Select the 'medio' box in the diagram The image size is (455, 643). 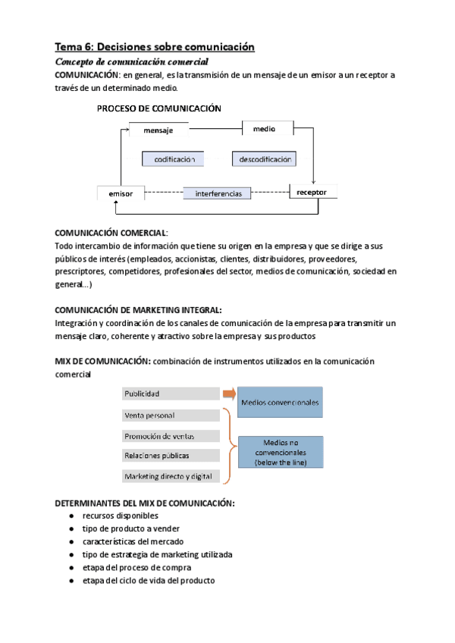pos(264,129)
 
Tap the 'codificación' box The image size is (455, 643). pos(175,159)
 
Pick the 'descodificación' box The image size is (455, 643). pos(264,159)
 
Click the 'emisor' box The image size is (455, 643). pos(121,193)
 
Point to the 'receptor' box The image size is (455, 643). pos(312,193)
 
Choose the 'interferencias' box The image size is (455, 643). pos(218,193)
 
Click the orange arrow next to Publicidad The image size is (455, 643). pos(228,394)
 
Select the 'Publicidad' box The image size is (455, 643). pos(170,394)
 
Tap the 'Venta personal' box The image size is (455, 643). pos(170,416)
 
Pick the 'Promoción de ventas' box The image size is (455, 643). pos(170,435)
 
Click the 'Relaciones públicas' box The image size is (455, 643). pos(170,456)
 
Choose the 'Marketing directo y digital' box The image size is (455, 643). pos(170,476)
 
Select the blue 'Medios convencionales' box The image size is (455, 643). pos(280,402)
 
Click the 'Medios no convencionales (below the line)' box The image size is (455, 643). pos(280,453)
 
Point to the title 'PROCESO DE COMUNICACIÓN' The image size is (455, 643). pos(159,108)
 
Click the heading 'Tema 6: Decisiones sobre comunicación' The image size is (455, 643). pos(155,47)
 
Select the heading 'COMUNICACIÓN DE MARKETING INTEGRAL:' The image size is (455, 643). pos(139,310)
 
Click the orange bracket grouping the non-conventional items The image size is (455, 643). pos(227,445)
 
